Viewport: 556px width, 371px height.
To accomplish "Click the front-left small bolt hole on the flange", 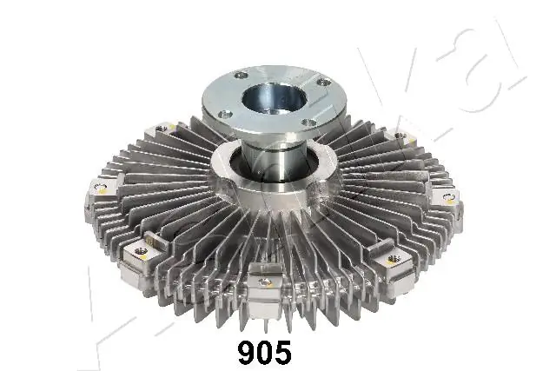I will point(224,113).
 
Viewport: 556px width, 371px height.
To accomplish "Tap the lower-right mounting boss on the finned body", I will point(388,257).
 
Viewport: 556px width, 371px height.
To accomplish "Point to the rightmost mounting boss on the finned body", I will point(447,197).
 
